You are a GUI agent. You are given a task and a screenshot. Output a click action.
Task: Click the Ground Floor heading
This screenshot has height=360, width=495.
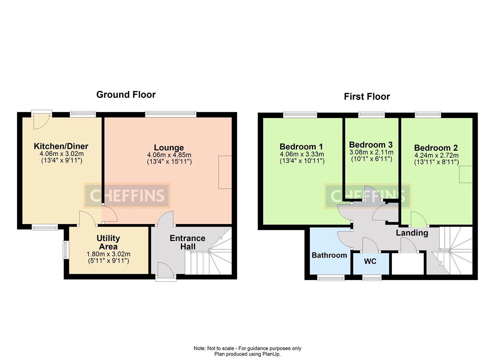pos(126,95)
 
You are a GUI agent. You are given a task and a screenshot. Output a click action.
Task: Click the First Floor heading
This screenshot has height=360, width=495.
pos(367,97)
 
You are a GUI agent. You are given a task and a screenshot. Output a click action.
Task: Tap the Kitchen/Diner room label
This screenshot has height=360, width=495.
pos(61,146)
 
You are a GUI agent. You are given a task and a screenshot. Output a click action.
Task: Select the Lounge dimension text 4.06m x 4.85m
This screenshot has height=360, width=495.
pos(169,155)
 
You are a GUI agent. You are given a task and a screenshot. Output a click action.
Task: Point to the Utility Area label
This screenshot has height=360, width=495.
pos(108,242)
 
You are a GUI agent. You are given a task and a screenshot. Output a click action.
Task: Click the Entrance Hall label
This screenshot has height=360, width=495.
pos(187,242)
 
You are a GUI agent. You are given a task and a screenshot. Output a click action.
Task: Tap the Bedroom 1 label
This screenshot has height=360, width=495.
pos(301,147)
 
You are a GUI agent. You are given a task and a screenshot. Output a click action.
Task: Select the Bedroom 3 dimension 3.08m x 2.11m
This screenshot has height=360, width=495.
pos(371,152)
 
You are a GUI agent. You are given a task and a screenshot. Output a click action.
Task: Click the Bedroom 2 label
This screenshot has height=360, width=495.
pos(436,148)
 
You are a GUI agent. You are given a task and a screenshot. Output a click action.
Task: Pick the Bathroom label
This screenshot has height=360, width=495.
pos(329,255)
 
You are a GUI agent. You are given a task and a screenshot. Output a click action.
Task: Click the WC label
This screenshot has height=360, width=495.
pos(370,261)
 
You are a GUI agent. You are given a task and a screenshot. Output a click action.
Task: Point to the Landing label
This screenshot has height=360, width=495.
pos(412,233)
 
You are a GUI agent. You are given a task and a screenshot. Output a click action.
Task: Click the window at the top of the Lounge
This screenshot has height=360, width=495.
pos(171,114)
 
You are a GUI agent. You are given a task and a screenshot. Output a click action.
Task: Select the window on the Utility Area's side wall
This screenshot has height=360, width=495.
pos(66,250)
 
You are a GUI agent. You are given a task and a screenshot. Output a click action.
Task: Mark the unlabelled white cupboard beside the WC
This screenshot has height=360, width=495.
pos(408,264)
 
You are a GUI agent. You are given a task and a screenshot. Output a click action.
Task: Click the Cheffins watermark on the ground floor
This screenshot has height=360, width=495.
pos(127,196)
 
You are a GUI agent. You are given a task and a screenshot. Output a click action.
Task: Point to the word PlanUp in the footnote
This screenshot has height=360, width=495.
pos(271,354)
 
